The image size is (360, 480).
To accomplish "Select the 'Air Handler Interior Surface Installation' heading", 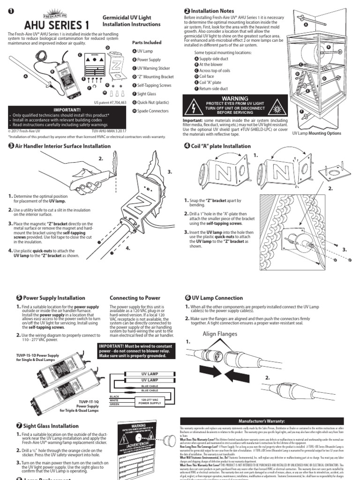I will point(60,146).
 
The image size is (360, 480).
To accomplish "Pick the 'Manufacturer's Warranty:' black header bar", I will point(262,422).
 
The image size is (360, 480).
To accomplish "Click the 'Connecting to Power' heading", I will point(135,298).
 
